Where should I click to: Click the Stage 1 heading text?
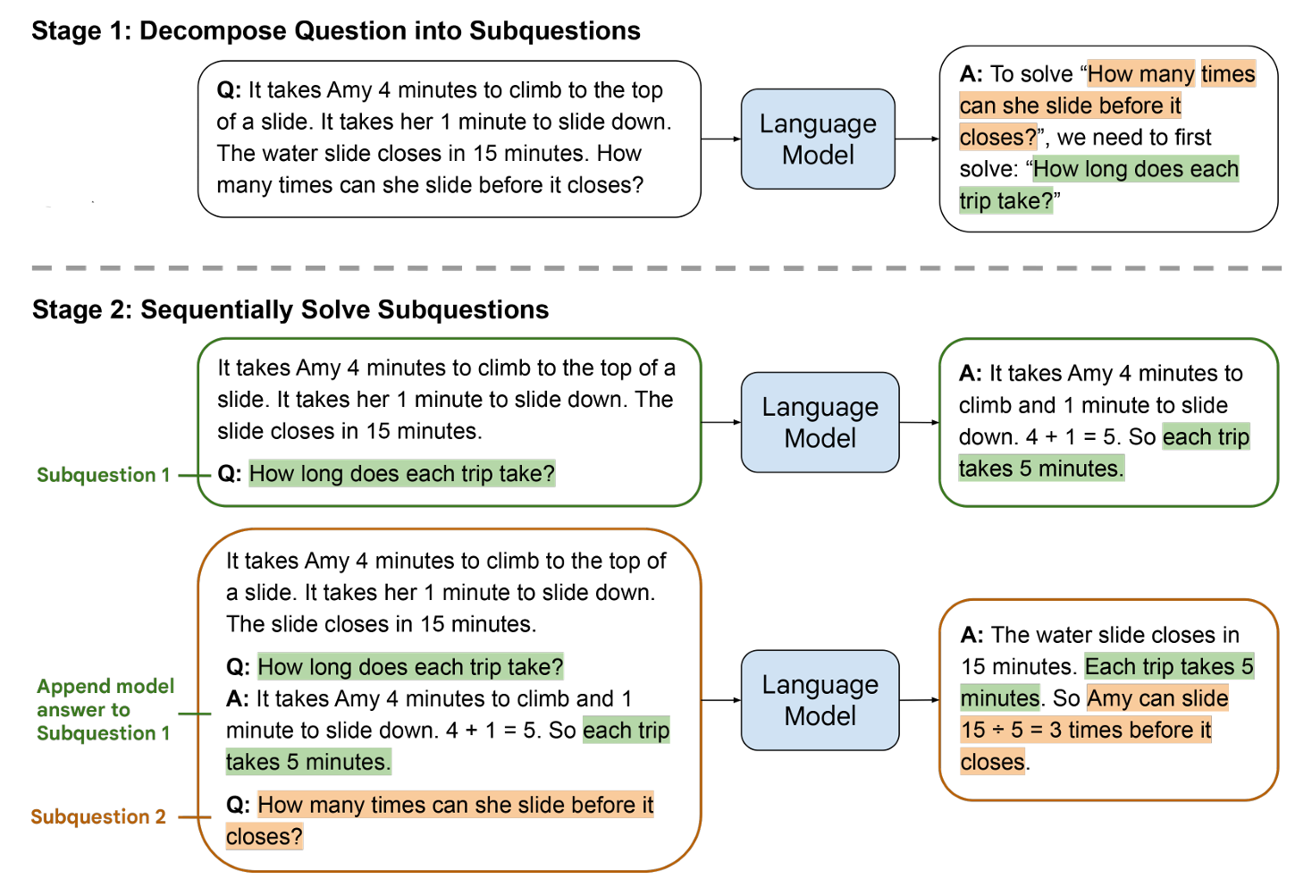tap(336, 31)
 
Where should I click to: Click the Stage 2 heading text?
tap(290, 309)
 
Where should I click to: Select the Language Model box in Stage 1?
tap(818, 139)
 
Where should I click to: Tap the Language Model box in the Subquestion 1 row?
tap(820, 422)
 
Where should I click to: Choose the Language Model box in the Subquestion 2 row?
tap(820, 699)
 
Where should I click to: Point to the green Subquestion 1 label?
tap(103, 475)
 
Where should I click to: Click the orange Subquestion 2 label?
tap(98, 816)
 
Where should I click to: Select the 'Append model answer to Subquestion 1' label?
tap(105, 709)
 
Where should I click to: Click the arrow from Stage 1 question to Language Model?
tap(721, 139)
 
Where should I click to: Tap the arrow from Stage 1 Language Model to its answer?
tap(917, 139)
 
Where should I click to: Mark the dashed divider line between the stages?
tap(657, 267)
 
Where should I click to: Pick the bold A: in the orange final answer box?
tap(971, 635)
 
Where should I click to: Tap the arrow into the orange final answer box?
tap(920, 699)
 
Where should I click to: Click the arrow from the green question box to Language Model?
tap(721, 422)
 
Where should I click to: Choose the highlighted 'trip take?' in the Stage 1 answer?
tap(1006, 201)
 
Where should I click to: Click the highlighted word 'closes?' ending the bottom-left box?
tap(265, 836)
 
